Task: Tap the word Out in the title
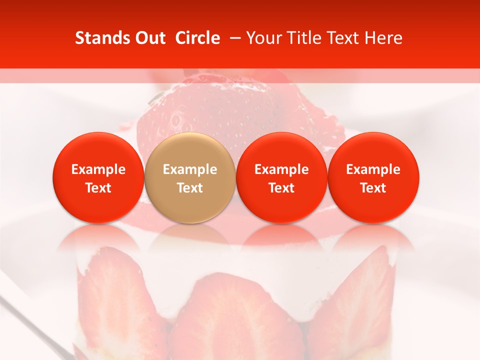(149, 38)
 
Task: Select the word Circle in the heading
(197, 38)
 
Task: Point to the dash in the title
(234, 38)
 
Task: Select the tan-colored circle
(190, 177)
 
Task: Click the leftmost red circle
(98, 177)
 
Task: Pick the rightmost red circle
(373, 177)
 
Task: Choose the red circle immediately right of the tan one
(281, 177)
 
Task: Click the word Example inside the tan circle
(190, 169)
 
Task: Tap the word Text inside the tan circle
(190, 188)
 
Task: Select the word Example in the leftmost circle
(98, 169)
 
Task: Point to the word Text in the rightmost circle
(373, 188)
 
